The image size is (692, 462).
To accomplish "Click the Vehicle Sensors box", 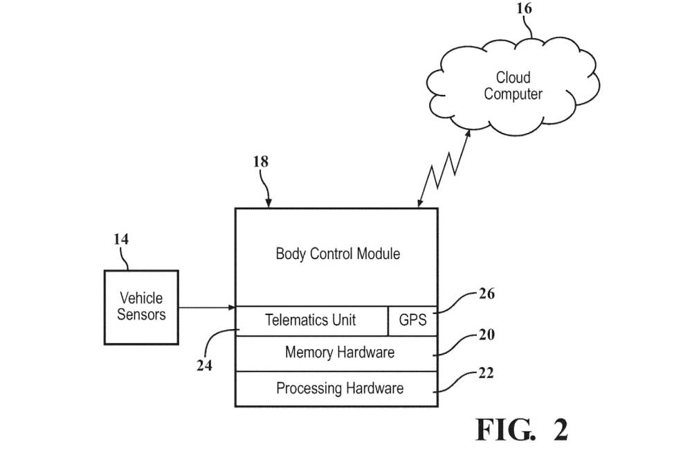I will (x=141, y=306).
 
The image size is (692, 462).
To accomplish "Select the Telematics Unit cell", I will (x=311, y=320).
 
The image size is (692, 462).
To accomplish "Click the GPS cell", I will (x=412, y=321).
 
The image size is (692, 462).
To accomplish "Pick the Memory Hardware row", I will (x=339, y=353).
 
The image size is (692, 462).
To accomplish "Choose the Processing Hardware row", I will (x=339, y=388).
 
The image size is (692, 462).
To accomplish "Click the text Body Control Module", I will (x=338, y=254).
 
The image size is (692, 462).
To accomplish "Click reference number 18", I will (x=261, y=162).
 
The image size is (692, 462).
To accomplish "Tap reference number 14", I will (x=121, y=239).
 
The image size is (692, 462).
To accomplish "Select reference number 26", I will (x=486, y=294).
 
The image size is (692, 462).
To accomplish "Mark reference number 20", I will (x=486, y=335).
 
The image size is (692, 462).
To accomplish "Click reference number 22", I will (x=486, y=373).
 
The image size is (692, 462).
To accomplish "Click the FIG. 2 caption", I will (x=521, y=430).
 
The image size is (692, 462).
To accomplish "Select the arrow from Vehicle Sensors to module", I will (x=208, y=307).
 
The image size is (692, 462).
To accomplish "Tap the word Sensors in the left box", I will (x=141, y=314).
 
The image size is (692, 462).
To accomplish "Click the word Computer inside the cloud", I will (x=513, y=94).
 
